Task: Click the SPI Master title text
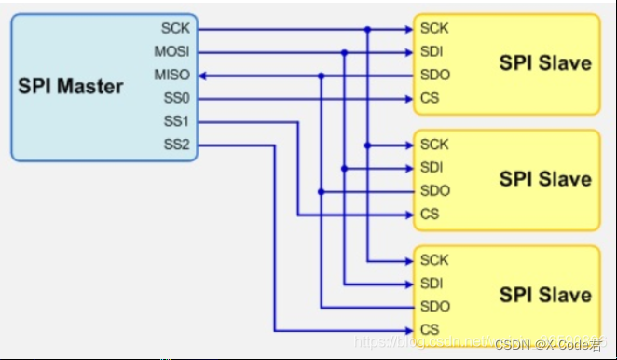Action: tap(71, 87)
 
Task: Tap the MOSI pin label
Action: tap(172, 52)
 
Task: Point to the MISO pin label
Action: tap(172, 76)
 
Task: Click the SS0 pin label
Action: tap(176, 98)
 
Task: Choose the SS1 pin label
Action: tap(176, 121)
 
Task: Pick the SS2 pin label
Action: tap(176, 145)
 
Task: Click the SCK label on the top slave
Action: tap(434, 29)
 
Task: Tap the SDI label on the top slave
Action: tap(432, 52)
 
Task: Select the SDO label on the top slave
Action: tap(434, 76)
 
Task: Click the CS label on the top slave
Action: tap(430, 98)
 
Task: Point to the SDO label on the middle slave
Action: tap(434, 191)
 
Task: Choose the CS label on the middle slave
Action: tap(430, 215)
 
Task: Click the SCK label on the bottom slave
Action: tap(434, 260)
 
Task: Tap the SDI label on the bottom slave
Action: tap(432, 284)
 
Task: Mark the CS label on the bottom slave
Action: tap(430, 330)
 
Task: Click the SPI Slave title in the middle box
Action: tap(545, 179)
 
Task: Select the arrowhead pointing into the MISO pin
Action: tap(202, 76)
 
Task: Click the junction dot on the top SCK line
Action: tap(367, 30)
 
